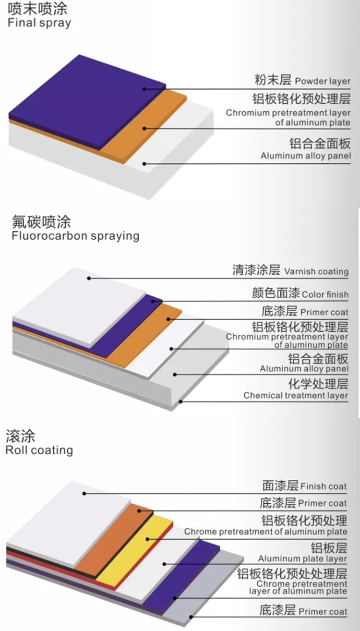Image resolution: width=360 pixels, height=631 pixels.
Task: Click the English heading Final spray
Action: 39,23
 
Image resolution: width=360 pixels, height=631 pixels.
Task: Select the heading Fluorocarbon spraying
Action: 75,236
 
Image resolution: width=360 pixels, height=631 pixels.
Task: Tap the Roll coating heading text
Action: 39,450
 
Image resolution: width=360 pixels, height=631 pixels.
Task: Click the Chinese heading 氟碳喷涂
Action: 41,222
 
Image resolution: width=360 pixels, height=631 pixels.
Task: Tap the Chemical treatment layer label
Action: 296,395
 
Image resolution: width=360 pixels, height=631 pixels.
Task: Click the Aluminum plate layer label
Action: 302,558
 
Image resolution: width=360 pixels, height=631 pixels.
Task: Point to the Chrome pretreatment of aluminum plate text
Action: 265,532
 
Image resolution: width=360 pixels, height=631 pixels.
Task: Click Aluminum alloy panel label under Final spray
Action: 306,156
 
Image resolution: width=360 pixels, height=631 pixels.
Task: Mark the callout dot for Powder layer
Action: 144,88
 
